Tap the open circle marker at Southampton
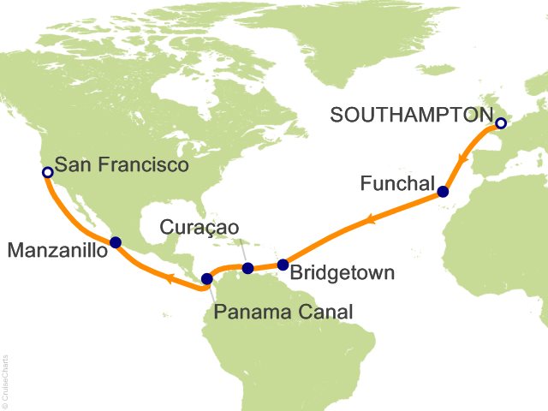point(501,123)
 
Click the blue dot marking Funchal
point(443,192)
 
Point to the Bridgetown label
point(342,274)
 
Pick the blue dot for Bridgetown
point(283,265)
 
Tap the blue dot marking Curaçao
point(247,269)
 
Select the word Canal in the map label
point(324,312)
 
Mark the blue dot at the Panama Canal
point(206,278)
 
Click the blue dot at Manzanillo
point(116,242)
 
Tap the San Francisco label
point(121,166)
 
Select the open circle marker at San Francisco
point(47,172)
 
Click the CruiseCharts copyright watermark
point(5,377)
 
